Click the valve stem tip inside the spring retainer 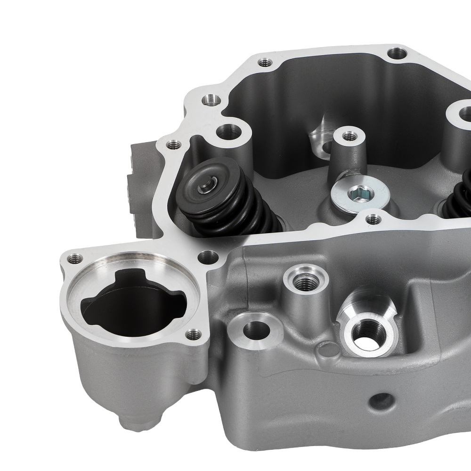point(206,187)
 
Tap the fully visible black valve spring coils point(231,212)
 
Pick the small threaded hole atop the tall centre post point(349,137)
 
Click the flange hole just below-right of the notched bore point(191,335)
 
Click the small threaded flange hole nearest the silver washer point(374,218)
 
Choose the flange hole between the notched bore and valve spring point(207,257)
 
